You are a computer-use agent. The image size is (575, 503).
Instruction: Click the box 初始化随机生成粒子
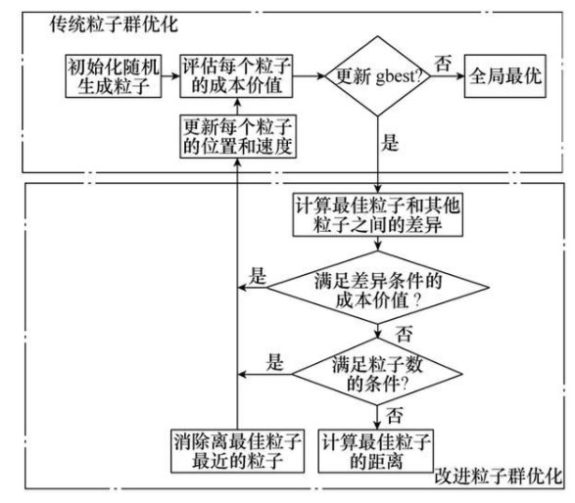(x=114, y=76)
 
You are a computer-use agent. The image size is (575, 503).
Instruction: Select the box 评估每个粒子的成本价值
(x=236, y=76)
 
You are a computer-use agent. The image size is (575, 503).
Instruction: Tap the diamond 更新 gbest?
(x=378, y=76)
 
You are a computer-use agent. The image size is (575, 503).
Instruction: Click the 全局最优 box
(x=504, y=76)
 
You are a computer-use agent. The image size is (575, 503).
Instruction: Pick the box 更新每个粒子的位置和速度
(x=238, y=136)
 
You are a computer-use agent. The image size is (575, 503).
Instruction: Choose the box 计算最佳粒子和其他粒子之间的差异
(x=378, y=214)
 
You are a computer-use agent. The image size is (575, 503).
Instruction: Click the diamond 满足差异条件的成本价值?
(x=378, y=288)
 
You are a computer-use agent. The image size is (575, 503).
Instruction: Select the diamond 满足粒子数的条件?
(x=377, y=374)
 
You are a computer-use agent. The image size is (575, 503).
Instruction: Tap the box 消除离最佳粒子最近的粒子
(x=238, y=451)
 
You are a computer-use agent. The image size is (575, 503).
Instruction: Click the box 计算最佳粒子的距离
(x=376, y=451)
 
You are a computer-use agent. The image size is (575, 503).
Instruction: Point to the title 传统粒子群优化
(x=114, y=24)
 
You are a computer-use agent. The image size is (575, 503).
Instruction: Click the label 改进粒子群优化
(x=499, y=476)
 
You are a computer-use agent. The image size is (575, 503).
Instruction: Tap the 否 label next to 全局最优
(x=443, y=64)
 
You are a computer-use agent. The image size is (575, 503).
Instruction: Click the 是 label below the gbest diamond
(x=390, y=142)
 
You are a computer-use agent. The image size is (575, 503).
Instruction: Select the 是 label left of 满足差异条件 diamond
(x=257, y=276)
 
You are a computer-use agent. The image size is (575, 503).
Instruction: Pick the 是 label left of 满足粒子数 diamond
(x=274, y=362)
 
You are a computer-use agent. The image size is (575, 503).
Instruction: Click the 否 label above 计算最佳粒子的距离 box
(x=394, y=416)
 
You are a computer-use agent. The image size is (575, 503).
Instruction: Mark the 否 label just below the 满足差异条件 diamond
(x=404, y=334)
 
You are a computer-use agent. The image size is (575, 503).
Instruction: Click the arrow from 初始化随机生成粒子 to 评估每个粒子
(x=170, y=76)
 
